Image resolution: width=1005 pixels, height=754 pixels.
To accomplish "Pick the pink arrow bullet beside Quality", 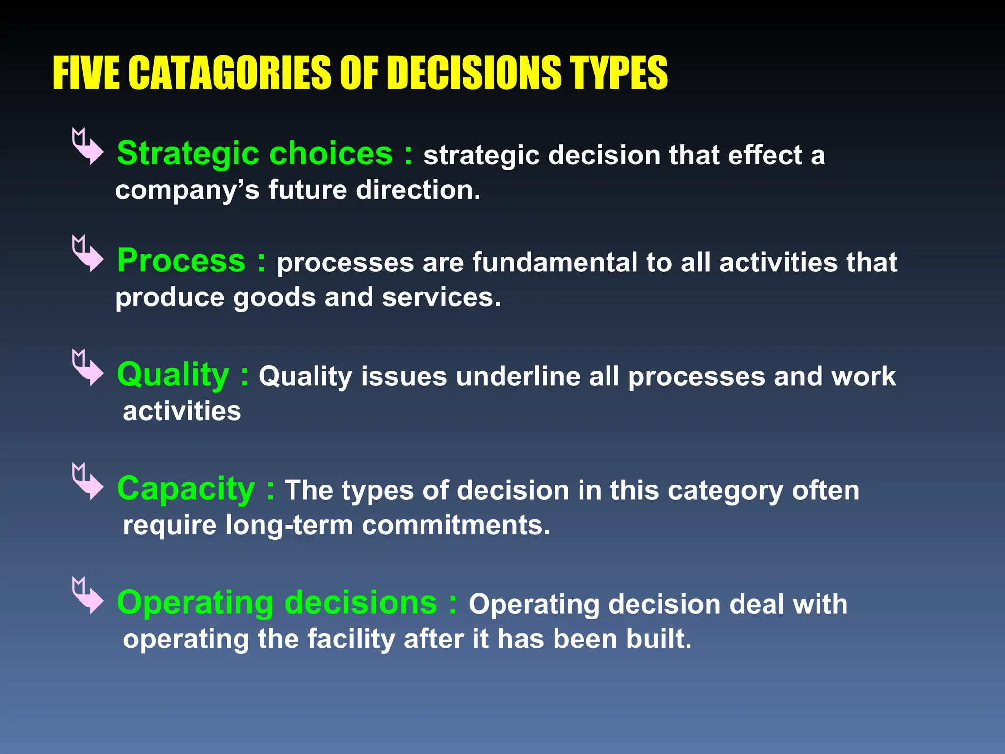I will (x=87, y=368).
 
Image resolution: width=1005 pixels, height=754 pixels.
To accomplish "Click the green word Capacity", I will (x=186, y=489).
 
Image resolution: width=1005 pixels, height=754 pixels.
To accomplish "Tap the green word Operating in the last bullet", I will (x=195, y=603).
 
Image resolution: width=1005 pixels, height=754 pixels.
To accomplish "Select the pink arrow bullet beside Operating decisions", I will (x=87, y=595).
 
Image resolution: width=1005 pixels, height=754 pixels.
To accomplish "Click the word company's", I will (x=187, y=191).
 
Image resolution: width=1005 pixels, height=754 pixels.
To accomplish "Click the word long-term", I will (x=289, y=525).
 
